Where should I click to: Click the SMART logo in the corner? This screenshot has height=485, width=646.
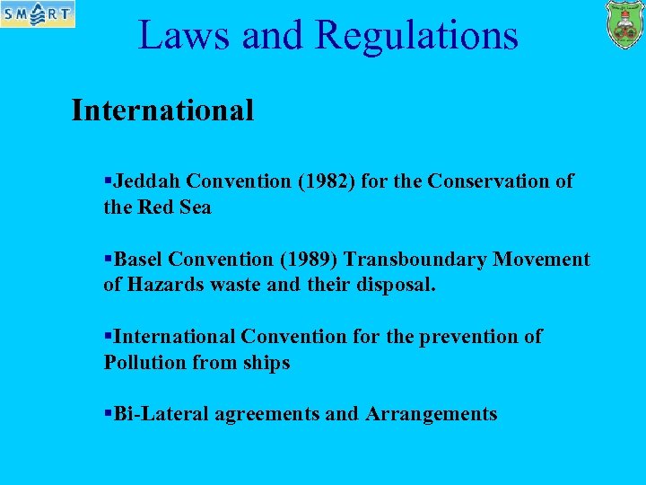point(38,14)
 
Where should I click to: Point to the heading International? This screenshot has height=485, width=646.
point(162,110)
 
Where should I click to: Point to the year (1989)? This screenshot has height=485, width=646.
point(309,260)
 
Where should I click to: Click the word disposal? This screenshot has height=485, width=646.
point(405,286)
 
